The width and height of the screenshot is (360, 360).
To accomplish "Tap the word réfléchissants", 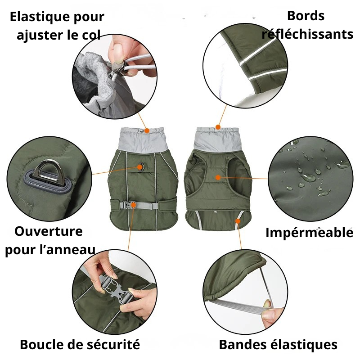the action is click(307, 34).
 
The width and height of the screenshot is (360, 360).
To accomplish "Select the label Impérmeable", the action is click(309, 233).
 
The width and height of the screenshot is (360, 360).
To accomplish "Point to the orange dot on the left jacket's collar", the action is click(147, 130).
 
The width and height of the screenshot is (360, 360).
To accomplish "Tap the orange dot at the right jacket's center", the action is click(218, 177).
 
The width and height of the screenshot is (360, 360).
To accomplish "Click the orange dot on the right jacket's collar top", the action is click(218, 127).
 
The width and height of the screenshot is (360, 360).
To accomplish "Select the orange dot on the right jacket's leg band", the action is click(238, 220).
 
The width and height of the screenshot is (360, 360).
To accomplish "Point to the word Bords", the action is click(306, 16).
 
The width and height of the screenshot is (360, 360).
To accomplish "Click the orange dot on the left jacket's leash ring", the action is click(141, 167).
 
